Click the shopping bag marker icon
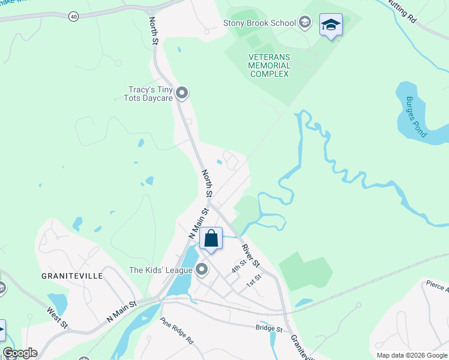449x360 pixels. (211, 239)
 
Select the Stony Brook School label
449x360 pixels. (259, 23)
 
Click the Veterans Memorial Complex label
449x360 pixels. (270, 65)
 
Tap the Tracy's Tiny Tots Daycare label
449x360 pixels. (150, 94)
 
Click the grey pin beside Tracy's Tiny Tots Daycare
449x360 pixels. (182, 94)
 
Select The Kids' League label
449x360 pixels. (161, 271)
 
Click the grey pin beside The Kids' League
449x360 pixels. (202, 271)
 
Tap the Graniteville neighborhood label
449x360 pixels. (72, 276)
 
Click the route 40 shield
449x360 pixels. (73, 16)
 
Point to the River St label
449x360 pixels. (251, 256)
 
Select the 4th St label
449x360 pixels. (240, 264)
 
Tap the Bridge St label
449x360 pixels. (269, 329)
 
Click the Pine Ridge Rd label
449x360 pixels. (176, 331)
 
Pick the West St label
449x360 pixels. (58, 318)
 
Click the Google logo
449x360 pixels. (20, 353)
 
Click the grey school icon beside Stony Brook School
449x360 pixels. (305, 23)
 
